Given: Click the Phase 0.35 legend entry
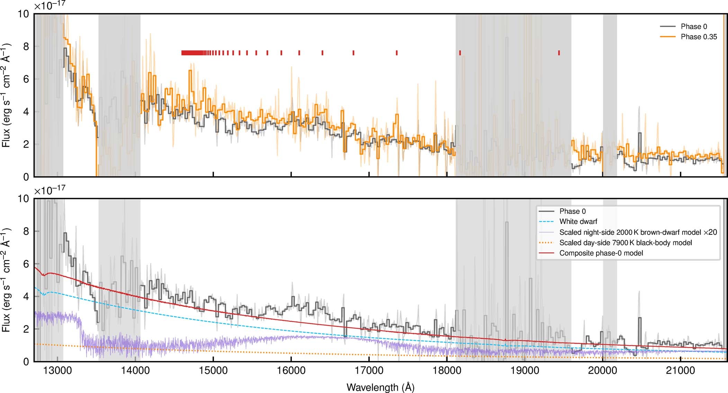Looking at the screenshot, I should pyautogui.click(x=698, y=37).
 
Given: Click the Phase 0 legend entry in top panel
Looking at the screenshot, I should pyautogui.click(x=693, y=27).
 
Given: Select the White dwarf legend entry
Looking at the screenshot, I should pyautogui.click(x=578, y=222).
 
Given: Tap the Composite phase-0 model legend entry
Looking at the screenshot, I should pyautogui.click(x=601, y=253).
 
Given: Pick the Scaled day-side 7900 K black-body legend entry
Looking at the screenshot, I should pyautogui.click(x=625, y=243).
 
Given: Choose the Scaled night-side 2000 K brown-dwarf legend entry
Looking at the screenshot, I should pyautogui.click(x=638, y=232).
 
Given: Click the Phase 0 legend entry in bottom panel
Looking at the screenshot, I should pyautogui.click(x=572, y=211).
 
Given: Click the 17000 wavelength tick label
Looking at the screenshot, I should pyautogui.click(x=369, y=371).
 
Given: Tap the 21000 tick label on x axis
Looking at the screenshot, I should pyautogui.click(x=681, y=371).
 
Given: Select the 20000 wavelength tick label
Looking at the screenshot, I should pyautogui.click(x=603, y=371).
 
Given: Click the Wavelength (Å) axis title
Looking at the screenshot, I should pyautogui.click(x=380, y=387).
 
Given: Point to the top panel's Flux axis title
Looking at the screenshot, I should pyautogui.click(x=6, y=95).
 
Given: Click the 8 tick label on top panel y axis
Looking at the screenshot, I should pyautogui.click(x=26, y=46).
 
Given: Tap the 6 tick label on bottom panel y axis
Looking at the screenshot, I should pyautogui.click(x=26, y=264).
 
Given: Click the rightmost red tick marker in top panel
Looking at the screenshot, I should pyautogui.click(x=559, y=53).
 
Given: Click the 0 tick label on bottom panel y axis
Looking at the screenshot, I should pyautogui.click(x=26, y=362).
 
